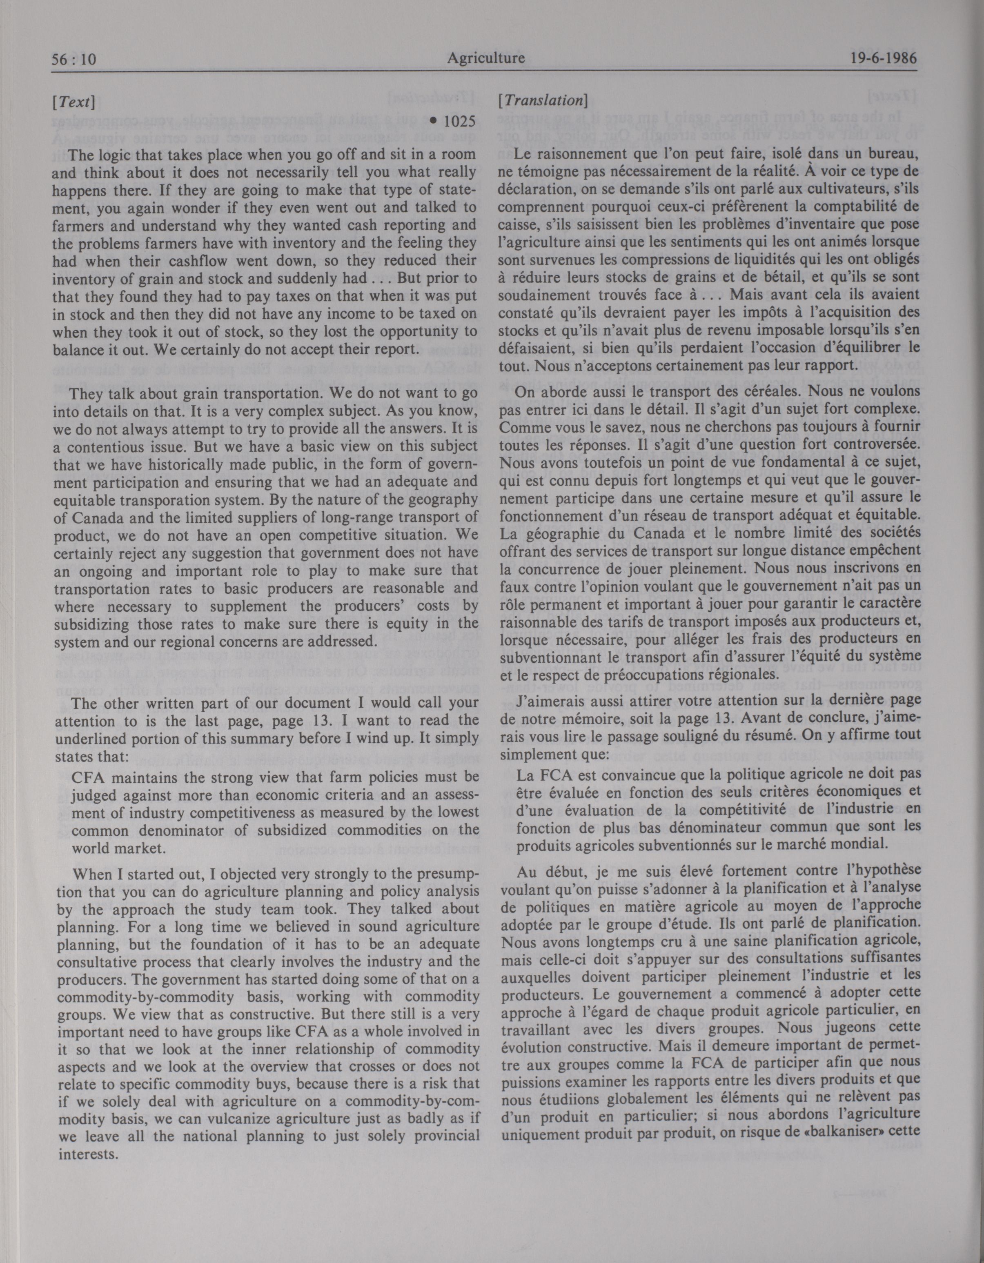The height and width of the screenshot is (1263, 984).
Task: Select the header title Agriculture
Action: pos(486,58)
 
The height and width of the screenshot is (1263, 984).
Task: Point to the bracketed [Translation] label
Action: pos(543,101)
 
